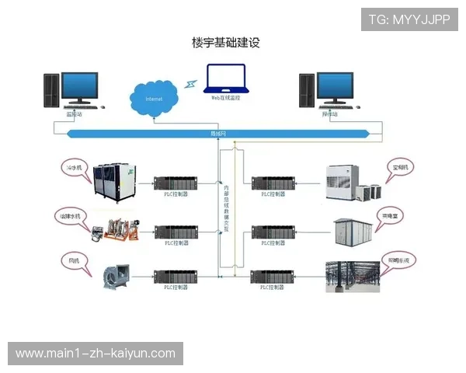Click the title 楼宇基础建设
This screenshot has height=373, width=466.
pos(226,42)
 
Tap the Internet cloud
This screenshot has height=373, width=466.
pos(155,99)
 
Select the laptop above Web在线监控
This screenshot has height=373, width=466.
pos(225,78)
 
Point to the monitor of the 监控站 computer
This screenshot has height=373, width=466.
pos(79,88)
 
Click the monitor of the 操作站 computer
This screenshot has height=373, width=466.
pos(335,88)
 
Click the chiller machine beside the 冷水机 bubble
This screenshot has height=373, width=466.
pos(114,180)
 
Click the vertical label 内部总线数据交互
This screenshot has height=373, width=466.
pos(227,209)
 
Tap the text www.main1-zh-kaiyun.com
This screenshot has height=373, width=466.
pos(96,354)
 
